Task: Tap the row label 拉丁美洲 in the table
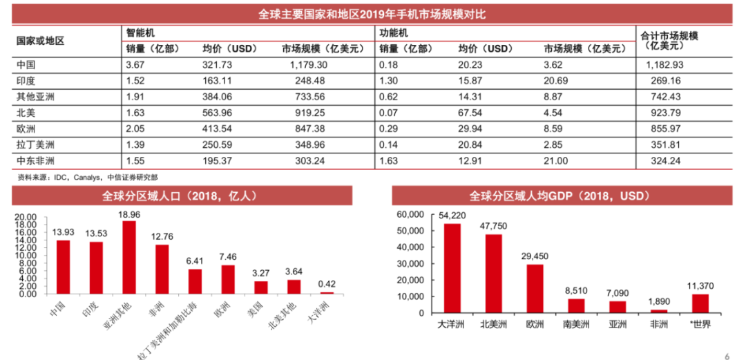[36, 144]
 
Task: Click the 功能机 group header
[394, 32]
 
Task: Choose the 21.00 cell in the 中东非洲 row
[556, 160]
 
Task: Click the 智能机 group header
[140, 32]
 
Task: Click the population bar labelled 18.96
[129, 257]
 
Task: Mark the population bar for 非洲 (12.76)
[162, 269]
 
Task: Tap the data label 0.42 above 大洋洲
[327, 283]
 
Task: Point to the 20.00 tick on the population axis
[26, 217]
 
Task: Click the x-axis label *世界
[700, 325]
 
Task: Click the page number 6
[727, 356]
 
